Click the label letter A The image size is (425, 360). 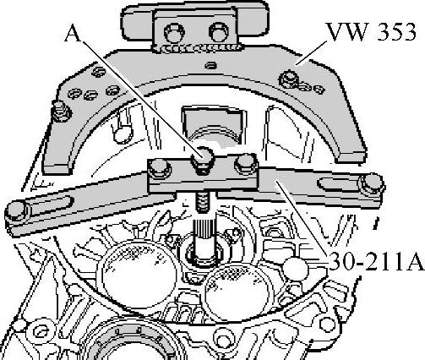(74, 34)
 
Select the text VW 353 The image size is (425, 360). (371, 32)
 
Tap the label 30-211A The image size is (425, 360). (377, 261)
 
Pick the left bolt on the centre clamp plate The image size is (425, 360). (160, 168)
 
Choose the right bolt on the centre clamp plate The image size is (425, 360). (246, 163)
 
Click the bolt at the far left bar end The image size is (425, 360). (17, 211)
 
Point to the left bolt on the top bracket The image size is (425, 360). (174, 32)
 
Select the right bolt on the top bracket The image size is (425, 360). (219, 31)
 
